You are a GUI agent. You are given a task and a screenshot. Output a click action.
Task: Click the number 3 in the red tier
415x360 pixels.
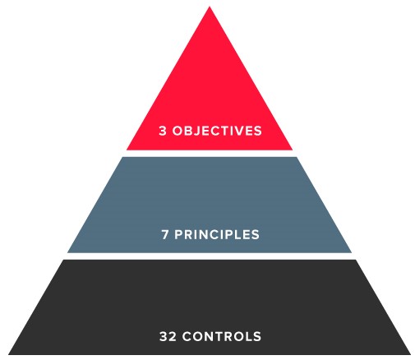point(163,131)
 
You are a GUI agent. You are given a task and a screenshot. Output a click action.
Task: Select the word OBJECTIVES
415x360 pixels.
point(217,131)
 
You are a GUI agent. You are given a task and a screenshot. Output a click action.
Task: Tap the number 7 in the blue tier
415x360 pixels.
point(165,235)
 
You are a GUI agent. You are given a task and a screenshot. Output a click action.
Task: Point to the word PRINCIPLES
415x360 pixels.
point(217,235)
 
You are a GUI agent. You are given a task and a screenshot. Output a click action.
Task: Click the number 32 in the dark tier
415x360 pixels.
point(168,336)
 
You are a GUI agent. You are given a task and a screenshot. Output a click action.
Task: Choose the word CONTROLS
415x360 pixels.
point(222,336)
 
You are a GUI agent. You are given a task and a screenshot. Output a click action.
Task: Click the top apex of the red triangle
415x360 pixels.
point(210,7)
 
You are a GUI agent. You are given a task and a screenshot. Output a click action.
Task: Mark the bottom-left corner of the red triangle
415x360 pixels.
point(127,150)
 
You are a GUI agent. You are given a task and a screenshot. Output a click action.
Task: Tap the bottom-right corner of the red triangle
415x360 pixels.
point(293,150)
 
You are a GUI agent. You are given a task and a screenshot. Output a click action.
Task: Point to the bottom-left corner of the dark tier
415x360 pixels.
point(8,354)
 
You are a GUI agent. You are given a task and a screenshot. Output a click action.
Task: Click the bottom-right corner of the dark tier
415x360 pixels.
point(411,354)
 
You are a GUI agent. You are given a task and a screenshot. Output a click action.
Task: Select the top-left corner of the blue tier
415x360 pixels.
point(122,157)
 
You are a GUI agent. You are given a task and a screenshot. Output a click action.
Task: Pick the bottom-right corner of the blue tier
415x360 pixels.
point(352,252)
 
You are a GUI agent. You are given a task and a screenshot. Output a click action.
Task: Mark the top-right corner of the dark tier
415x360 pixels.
point(356,260)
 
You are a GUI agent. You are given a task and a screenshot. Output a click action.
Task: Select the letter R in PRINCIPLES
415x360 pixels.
point(189,235)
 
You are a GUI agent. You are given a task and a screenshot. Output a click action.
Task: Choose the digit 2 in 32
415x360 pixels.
point(173,336)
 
